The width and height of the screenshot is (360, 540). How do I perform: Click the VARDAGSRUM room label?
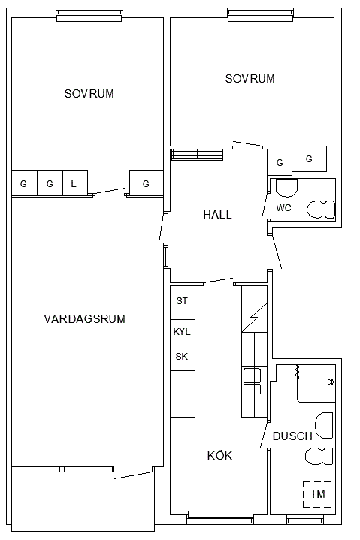pos(84,319)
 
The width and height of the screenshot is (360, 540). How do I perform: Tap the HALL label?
pos(217,215)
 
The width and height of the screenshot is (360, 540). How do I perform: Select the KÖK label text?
pos(219,455)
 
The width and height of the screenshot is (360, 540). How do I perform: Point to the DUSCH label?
pos(292,436)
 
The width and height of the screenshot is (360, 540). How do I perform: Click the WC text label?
pos(283,208)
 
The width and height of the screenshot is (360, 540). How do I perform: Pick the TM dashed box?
pos(317,494)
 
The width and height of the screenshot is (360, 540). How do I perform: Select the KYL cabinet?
pos(183,332)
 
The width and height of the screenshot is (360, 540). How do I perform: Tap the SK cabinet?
pos(183,357)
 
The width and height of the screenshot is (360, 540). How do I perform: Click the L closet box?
pos(75,183)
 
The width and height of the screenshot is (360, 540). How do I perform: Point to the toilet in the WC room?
pos(321,210)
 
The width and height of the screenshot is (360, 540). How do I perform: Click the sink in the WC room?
pos(287,188)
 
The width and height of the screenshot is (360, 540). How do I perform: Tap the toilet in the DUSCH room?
pos(319,456)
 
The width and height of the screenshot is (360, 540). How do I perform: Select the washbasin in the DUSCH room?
pos(324,425)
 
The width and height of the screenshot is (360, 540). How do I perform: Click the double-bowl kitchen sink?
pos(253,381)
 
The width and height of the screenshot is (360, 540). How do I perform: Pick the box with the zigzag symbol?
pos(254,318)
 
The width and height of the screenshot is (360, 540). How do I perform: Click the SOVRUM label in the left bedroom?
pos(89,94)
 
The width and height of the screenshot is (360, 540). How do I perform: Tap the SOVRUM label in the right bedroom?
pos(250,79)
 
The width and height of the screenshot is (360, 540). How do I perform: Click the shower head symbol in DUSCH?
pos(331,382)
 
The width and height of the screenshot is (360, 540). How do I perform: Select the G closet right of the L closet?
pos(146,183)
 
